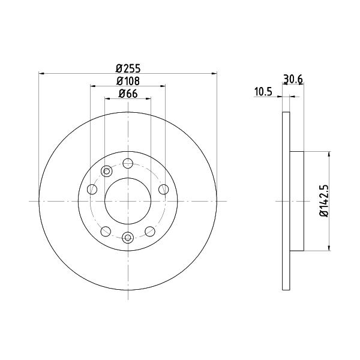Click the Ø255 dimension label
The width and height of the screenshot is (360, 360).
point(128,68)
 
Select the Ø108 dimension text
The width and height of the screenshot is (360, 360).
point(128,81)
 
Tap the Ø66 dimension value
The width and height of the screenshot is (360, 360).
point(128,94)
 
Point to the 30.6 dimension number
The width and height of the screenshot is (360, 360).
point(293,79)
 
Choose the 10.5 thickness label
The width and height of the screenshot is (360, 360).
point(263,92)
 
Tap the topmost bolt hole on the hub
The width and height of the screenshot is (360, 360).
point(128,163)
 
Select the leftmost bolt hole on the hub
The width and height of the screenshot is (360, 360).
point(92,190)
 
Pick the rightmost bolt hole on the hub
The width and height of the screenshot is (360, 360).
point(163,190)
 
